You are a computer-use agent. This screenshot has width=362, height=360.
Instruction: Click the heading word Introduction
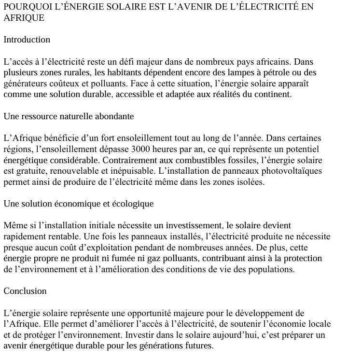click(x=27, y=40)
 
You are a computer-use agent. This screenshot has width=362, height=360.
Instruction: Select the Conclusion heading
click(x=25, y=291)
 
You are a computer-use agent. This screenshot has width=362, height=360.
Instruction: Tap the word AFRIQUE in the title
click(x=24, y=18)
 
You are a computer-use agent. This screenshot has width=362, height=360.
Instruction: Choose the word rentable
click(x=64, y=236)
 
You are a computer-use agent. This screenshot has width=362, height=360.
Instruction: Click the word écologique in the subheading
click(x=131, y=204)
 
